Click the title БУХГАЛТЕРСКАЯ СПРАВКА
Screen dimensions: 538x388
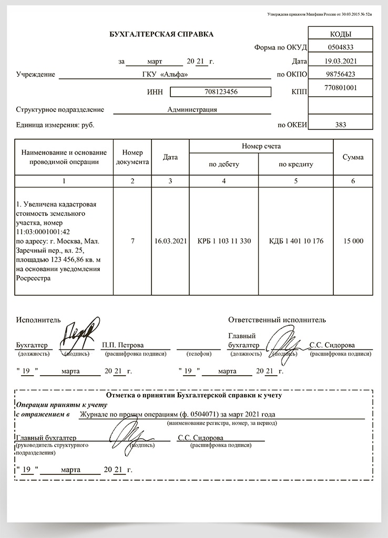click(161, 34)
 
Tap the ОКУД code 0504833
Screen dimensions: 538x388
click(340, 47)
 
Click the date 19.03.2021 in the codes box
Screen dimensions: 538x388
click(340, 61)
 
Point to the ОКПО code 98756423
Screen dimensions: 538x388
click(340, 74)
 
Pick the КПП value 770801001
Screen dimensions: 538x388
click(340, 88)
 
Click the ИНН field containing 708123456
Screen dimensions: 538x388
click(221, 92)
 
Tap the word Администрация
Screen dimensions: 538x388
click(192, 110)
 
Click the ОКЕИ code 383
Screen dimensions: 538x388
click(340, 125)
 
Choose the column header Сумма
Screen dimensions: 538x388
click(353, 157)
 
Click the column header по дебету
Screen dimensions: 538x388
click(224, 164)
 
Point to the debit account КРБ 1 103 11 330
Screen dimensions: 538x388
click(224, 241)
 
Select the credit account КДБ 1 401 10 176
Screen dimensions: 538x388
click(296, 241)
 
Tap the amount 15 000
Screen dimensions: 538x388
click(353, 241)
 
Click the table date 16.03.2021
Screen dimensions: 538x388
click(170, 241)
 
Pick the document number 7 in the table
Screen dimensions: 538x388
click(132, 241)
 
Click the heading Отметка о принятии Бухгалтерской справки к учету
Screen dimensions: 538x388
click(194, 395)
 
